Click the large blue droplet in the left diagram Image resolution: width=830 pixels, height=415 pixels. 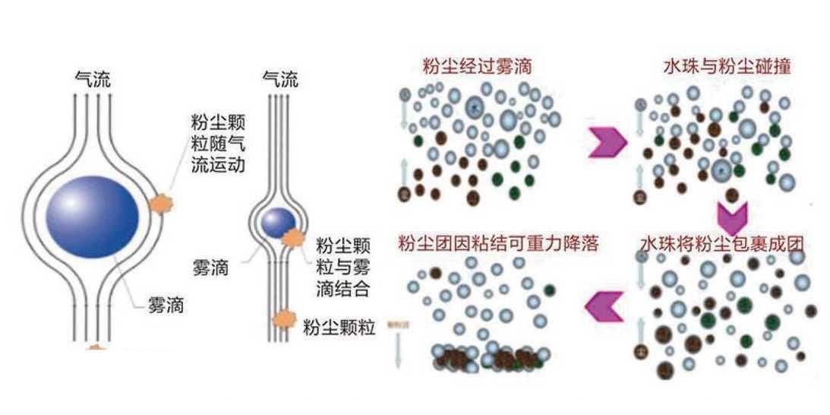tap(93, 217)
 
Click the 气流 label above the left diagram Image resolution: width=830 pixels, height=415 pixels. tap(93, 78)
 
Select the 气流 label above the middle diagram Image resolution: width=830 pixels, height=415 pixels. tap(279, 78)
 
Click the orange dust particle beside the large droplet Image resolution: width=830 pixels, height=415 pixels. tap(160, 203)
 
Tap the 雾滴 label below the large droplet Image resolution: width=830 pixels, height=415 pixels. tap(166, 307)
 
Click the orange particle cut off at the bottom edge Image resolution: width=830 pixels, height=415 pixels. tap(96, 347)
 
